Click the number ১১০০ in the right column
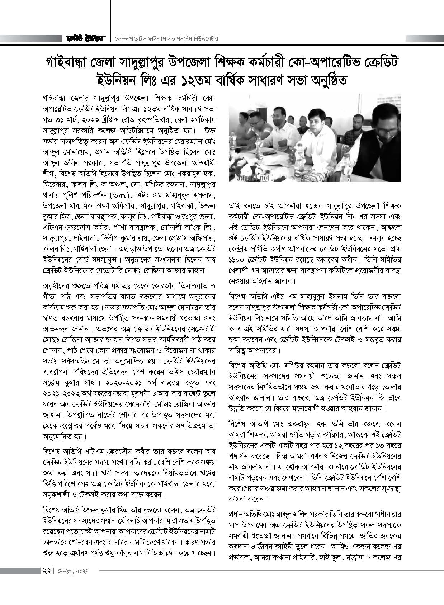238,259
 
